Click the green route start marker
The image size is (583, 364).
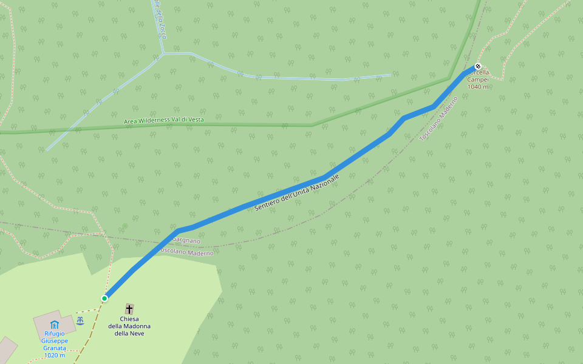tap(104, 298)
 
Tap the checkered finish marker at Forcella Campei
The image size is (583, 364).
tap(478, 66)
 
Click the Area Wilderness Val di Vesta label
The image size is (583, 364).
tap(164, 120)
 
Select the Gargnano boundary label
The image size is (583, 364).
tap(186, 241)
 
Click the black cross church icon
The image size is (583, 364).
tap(129, 309)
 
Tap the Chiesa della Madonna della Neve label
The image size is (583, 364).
tap(129, 326)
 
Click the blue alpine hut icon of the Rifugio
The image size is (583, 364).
tap(54, 324)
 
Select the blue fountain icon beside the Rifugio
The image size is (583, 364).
tap(80, 320)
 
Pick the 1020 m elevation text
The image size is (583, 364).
tap(55, 355)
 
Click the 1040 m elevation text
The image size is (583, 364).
tap(478, 87)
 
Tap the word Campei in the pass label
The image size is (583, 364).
tap(478, 79)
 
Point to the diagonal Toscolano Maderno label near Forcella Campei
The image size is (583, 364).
tap(438, 119)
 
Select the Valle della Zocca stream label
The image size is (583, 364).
tap(160, 18)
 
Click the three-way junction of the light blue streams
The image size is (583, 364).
tap(163, 53)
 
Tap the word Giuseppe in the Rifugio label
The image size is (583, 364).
tap(55, 341)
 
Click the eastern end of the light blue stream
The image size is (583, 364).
tap(389, 75)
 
